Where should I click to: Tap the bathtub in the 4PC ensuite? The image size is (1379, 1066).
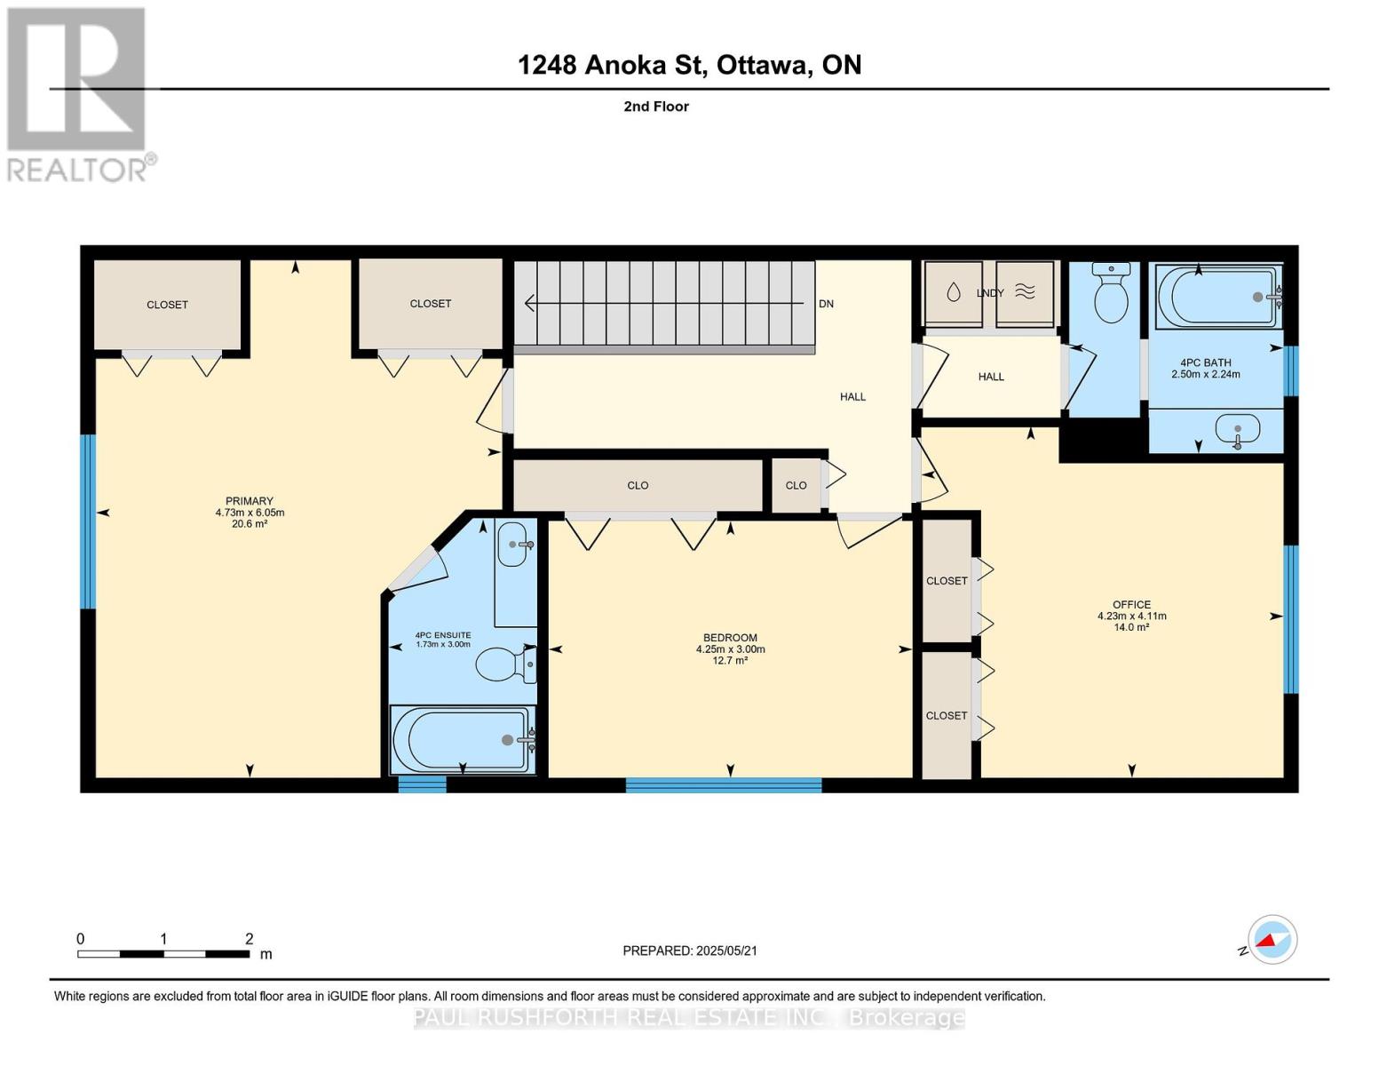point(463,739)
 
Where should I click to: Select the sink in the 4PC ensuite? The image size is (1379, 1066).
point(515,545)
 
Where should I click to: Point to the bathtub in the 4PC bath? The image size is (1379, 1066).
point(1217,297)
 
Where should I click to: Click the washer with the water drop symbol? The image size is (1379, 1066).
point(953,293)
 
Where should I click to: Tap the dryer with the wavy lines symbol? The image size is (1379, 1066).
point(1025,293)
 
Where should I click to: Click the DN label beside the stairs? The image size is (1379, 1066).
point(826,304)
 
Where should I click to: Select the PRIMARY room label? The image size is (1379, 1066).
point(250,501)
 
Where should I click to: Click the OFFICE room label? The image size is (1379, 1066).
point(1131,604)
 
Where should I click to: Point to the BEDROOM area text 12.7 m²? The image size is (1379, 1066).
point(730,661)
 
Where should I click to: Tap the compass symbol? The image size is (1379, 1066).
point(1272,940)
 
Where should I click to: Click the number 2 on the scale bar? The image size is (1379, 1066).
point(250,939)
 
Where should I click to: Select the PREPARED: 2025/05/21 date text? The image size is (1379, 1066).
point(690,951)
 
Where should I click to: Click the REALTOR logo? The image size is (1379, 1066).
point(78,94)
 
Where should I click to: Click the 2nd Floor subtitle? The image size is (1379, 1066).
point(656,107)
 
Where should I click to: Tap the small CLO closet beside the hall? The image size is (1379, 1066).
point(796,485)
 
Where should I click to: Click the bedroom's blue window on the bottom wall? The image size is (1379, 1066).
point(724,785)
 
